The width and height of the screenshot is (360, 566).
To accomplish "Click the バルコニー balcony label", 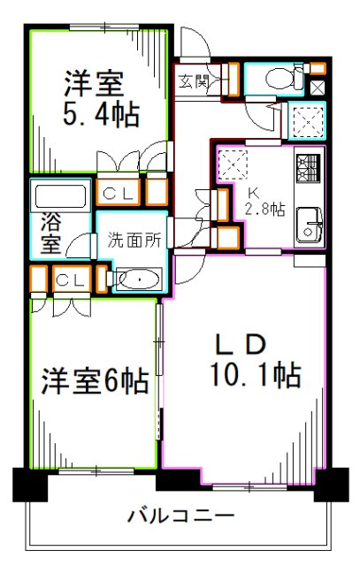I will [x=180, y=516].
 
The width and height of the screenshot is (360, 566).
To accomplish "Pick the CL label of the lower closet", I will [x=66, y=280].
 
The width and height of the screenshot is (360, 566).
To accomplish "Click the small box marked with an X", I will [x=318, y=87].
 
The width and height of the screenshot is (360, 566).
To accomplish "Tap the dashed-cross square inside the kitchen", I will [x=234, y=163].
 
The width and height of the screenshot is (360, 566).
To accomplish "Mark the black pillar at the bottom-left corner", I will [x=29, y=482].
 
